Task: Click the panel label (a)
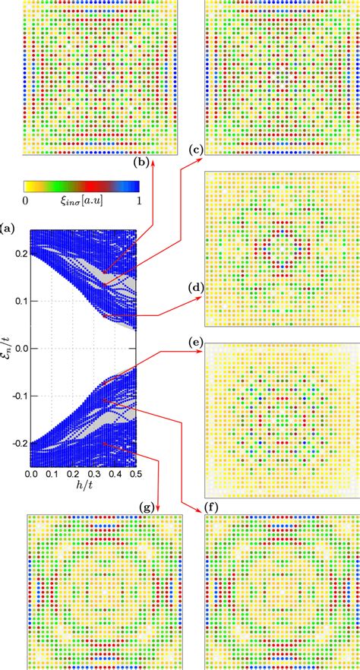pos(8,227)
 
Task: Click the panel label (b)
pos(141,162)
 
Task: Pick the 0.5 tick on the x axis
pos(136,473)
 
